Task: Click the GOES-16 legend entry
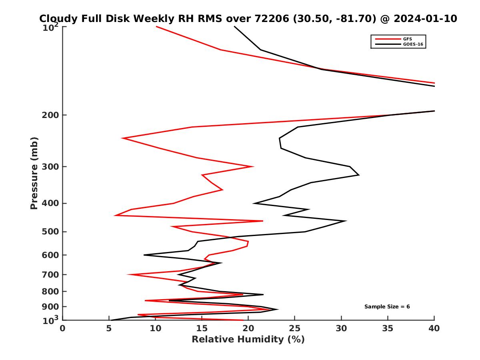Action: pos(412,44)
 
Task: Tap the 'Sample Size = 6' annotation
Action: pos(387,307)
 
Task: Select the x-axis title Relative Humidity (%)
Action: pos(248,340)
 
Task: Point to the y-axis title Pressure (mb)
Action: pos(34,173)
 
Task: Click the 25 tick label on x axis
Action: pos(295,328)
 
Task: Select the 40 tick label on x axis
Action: pos(434,328)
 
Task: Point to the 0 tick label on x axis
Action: pos(63,328)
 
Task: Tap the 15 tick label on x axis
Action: pos(202,328)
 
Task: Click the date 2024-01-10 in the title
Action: pos(425,19)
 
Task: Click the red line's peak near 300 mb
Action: pos(253,166)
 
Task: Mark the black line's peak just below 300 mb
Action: pos(359,175)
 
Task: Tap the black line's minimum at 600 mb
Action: pos(144,255)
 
